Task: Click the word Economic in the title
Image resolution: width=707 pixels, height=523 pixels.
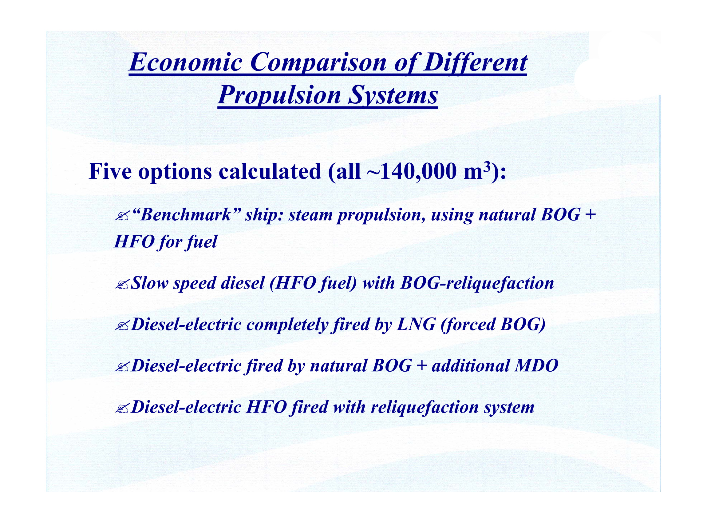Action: click(x=186, y=62)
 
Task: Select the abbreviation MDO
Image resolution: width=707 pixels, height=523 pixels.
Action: click(x=536, y=366)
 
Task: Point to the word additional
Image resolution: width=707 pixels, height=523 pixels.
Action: click(x=471, y=366)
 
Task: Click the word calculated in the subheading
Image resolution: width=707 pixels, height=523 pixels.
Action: click(x=270, y=172)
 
